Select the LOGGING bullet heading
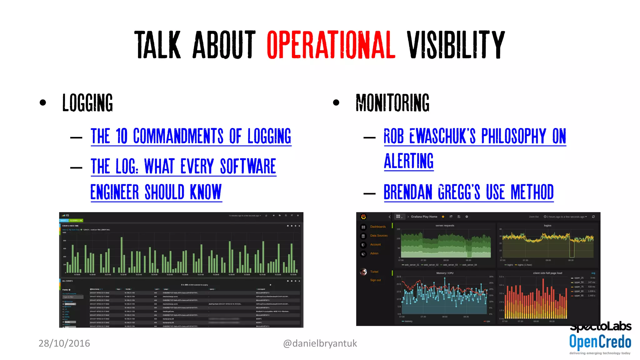coord(87,103)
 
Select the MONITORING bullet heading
coord(392,103)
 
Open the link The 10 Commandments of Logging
coord(191,136)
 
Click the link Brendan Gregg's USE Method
coord(468,192)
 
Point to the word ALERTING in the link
coord(409,161)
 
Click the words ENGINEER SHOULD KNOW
coord(156,192)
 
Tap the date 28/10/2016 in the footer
coord(64,343)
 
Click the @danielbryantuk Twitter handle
coord(320,343)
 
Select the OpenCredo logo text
coord(600,342)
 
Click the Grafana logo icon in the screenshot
coord(363,217)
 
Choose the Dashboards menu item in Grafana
coord(378,227)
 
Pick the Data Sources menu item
coord(379,236)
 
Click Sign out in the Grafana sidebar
coord(375,280)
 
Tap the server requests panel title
coord(445,225)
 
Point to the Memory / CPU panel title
coord(445,273)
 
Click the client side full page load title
coord(547,273)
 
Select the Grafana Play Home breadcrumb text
coord(424,217)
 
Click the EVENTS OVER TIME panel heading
coord(70,226)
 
